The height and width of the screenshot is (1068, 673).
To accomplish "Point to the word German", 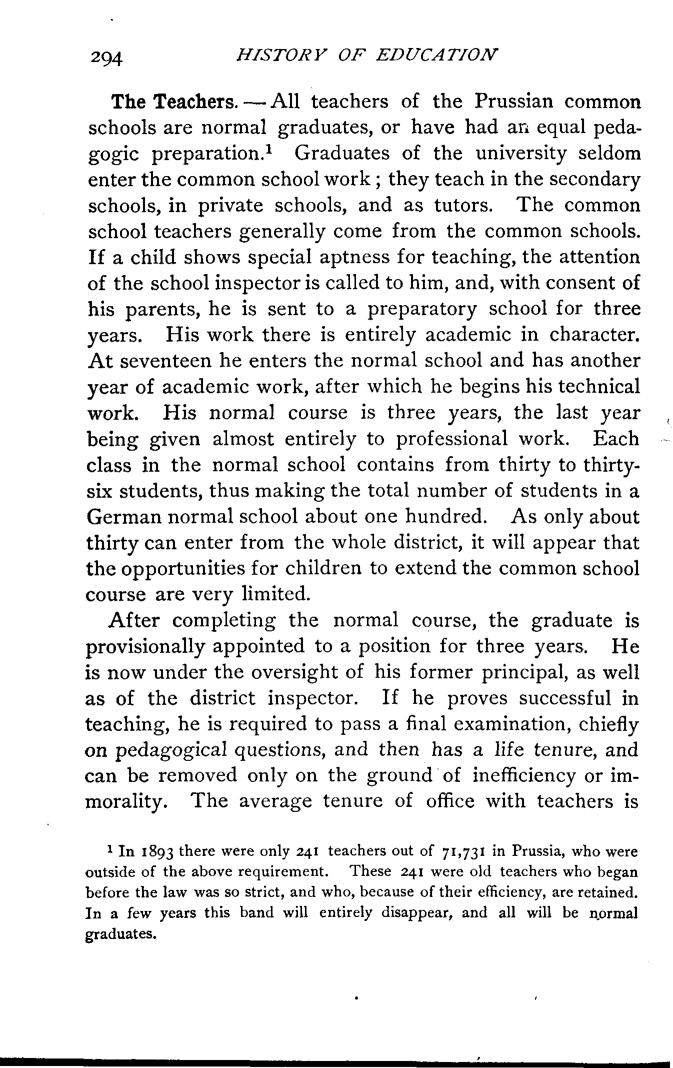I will point(123,517).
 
